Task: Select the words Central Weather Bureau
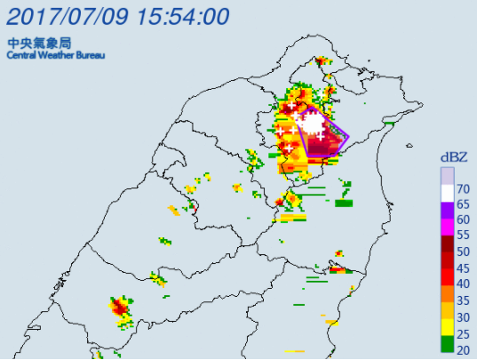tap(55, 55)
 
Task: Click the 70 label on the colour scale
tap(463, 188)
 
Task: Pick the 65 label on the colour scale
tap(463, 204)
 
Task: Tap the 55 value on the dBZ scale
tap(463, 236)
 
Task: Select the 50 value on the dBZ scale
tap(463, 252)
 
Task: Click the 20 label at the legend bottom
tap(463, 350)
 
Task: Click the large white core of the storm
tap(315, 122)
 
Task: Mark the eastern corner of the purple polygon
tap(348, 138)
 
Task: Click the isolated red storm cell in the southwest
tap(119, 308)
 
